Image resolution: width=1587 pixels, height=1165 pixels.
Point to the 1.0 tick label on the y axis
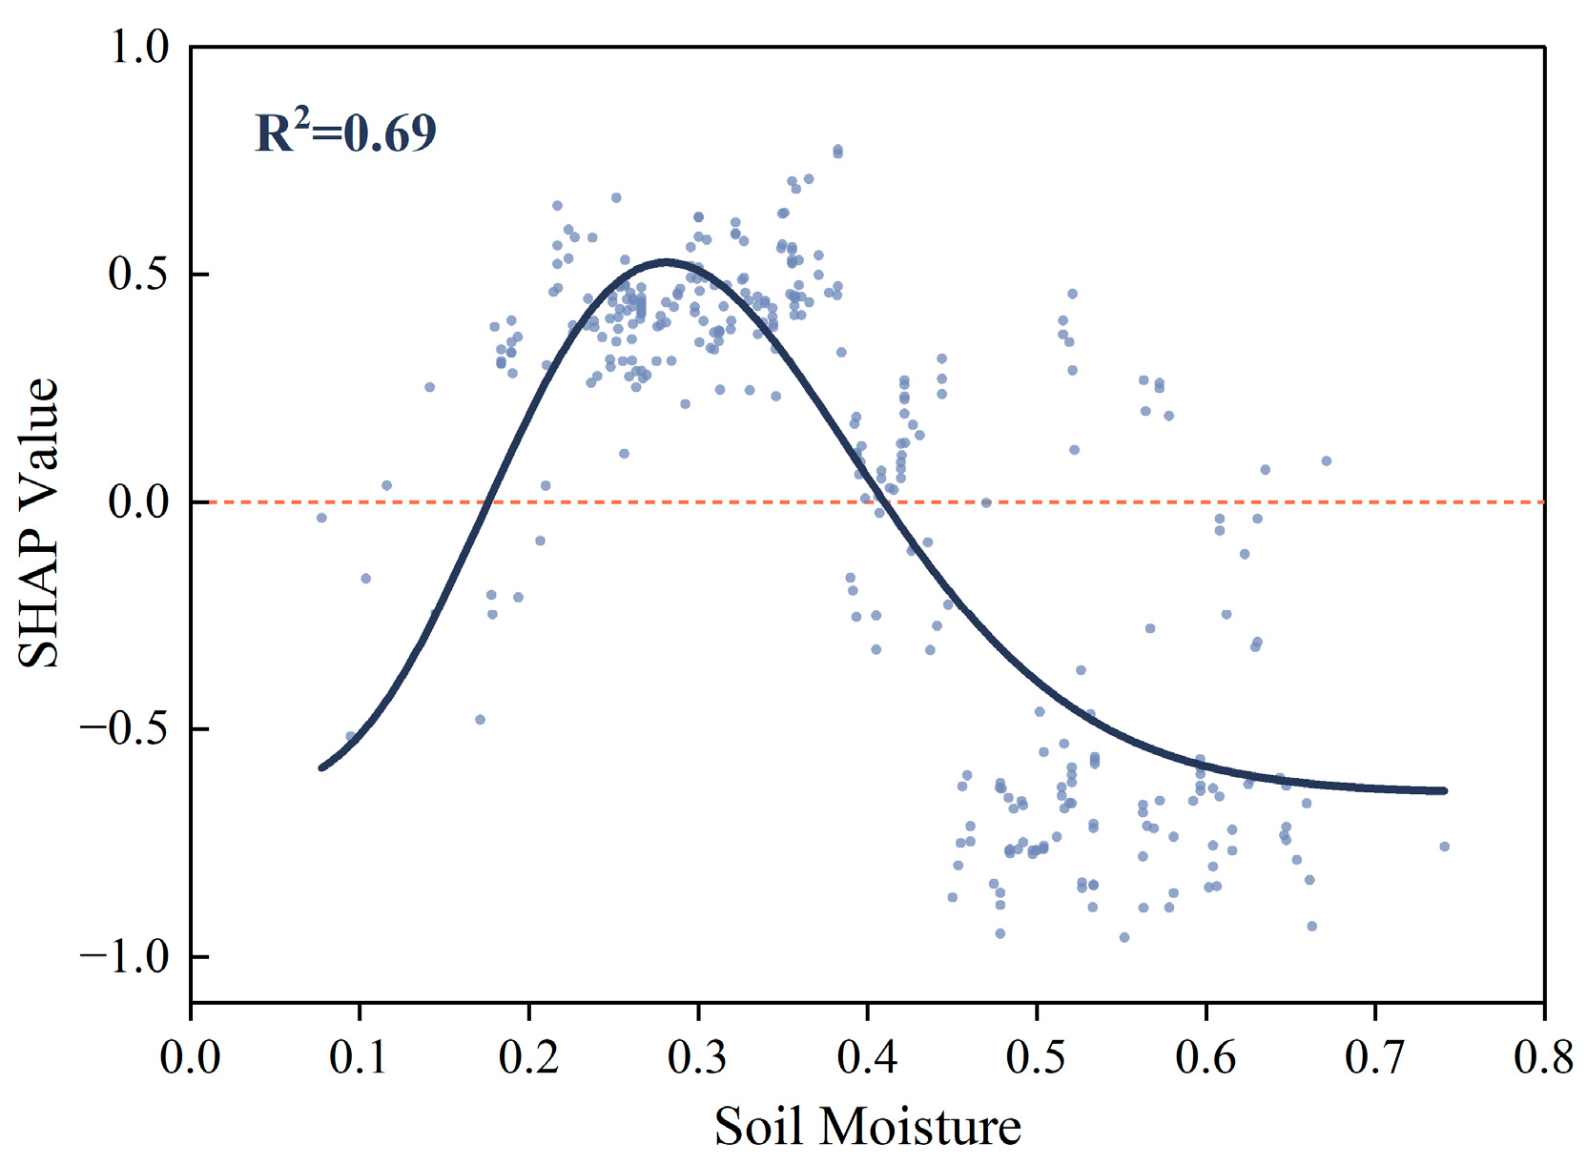pos(140,49)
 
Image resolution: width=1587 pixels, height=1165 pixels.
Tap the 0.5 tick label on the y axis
pos(139,275)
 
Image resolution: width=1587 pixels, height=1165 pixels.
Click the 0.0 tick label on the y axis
pos(139,502)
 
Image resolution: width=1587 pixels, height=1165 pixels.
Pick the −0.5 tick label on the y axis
pos(125,729)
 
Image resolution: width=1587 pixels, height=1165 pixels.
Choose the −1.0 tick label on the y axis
pos(125,957)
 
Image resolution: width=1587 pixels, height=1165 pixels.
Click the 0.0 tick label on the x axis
pos(190,1057)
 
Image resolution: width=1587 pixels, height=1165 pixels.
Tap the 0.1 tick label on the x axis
pos(359,1057)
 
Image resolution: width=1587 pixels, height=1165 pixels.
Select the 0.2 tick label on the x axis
pos(528,1057)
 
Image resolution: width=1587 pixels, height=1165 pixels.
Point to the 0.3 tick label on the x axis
pos(698,1057)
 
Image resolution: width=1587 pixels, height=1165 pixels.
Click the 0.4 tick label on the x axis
pos(867,1057)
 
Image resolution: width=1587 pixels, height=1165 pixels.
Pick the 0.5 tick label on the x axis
pos(1037,1057)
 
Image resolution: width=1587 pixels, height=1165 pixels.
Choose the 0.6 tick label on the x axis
pos(1206,1057)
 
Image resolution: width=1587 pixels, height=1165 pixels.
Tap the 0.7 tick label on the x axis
pos(1375,1057)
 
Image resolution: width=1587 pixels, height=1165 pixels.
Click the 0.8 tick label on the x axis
pos(1544,1057)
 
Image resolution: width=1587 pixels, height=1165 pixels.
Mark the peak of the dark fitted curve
pos(667,263)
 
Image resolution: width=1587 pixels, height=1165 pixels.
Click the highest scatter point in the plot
pos(837,150)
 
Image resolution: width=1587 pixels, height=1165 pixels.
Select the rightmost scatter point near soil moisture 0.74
pos(1445,847)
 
